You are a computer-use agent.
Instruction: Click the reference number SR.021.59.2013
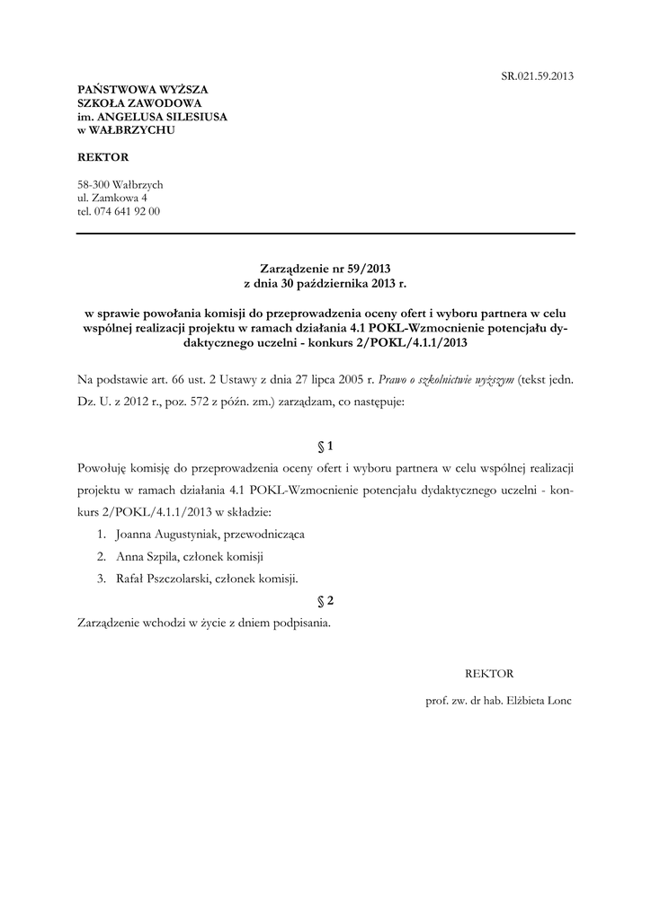537,76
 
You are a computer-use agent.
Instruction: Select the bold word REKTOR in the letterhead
103,157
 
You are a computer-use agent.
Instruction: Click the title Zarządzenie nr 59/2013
325,268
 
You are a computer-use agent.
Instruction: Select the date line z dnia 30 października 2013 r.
325,282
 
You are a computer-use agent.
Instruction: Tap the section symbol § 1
325,446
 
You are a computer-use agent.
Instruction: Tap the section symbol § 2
325,600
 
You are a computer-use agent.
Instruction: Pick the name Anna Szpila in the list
146,556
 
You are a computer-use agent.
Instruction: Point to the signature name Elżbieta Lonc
539,700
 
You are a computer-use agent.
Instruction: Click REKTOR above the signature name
489,672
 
